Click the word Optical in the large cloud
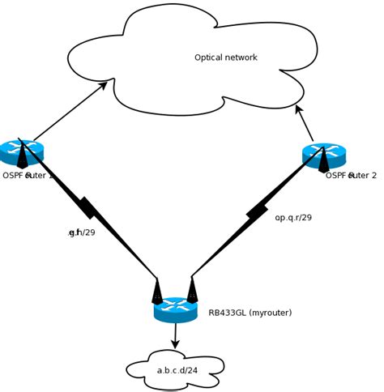[x=209, y=58]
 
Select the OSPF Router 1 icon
[x=22, y=151]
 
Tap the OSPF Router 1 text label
[x=28, y=176]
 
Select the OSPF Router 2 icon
[x=324, y=154]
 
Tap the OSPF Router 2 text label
[x=351, y=176]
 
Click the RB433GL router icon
[x=176, y=309]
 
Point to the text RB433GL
[x=228, y=313]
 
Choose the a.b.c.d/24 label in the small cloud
[x=177, y=371]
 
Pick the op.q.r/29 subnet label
[x=293, y=218]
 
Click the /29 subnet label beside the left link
[x=82, y=232]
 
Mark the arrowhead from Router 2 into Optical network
[x=298, y=109]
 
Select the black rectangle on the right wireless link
[x=257, y=212]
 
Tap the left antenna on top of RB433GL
[x=157, y=291]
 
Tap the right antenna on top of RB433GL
[x=192, y=290]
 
